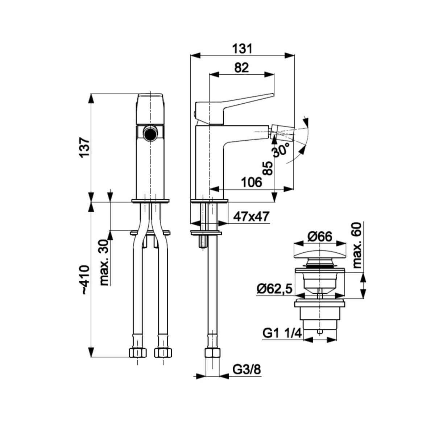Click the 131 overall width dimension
pyautogui.click(x=243, y=49)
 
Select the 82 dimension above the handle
pyautogui.click(x=241, y=67)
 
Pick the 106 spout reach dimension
pyautogui.click(x=252, y=182)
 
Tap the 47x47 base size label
pyautogui.click(x=251, y=217)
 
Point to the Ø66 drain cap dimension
pyautogui.click(x=319, y=237)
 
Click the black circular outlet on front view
pyautogui.click(x=150, y=134)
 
